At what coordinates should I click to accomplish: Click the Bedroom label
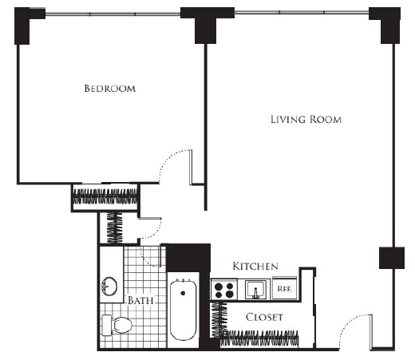[x=109, y=89]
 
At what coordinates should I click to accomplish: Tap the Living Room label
[x=306, y=120]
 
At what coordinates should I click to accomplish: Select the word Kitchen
[x=255, y=266]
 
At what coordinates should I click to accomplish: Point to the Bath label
[x=140, y=300]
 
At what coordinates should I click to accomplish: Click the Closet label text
[x=264, y=317]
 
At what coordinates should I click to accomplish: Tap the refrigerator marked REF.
[x=285, y=288]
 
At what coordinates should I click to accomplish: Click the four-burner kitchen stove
[x=224, y=290]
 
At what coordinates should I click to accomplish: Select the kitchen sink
[x=255, y=289]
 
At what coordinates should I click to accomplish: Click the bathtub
[x=183, y=310]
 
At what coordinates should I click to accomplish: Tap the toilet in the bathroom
[x=117, y=325]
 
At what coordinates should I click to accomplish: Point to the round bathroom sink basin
[x=109, y=287]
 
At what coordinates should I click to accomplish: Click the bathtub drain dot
[x=183, y=293]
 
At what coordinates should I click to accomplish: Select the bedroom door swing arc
[x=168, y=159]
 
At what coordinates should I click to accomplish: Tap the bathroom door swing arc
[x=147, y=259]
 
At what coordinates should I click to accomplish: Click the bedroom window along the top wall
[x=113, y=14]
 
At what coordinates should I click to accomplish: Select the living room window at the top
[x=302, y=12]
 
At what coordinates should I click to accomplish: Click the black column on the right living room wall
[x=392, y=258]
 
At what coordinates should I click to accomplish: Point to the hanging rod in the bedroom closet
[x=105, y=197]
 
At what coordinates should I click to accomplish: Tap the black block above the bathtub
[x=188, y=258]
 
